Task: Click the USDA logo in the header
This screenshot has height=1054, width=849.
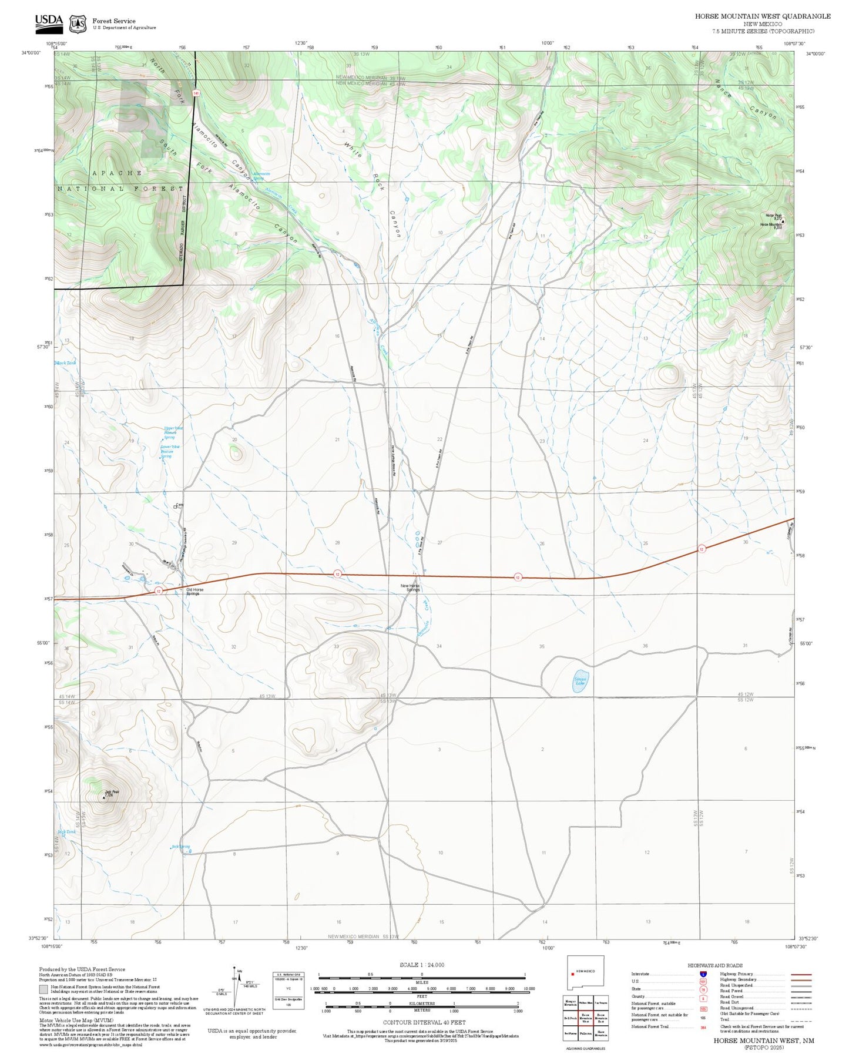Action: point(49,22)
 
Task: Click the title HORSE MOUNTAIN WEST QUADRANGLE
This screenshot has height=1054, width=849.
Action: point(762,16)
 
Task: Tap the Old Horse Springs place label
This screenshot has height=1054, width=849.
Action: point(194,592)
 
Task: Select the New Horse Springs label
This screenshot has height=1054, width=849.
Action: point(410,588)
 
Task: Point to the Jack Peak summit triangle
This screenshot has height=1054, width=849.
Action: point(104,798)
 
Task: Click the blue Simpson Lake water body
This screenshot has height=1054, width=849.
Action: point(580,682)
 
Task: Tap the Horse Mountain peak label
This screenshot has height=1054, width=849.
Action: point(771,225)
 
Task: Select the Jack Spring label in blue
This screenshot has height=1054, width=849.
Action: point(180,847)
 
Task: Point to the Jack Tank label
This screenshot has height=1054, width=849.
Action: point(67,832)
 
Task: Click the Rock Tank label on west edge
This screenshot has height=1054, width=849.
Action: point(66,363)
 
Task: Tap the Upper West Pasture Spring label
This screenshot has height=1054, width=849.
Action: point(173,432)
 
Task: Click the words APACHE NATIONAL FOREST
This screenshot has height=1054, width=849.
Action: point(120,181)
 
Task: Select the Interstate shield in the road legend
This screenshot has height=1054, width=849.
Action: point(703,974)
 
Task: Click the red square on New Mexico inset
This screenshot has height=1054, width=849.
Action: point(572,972)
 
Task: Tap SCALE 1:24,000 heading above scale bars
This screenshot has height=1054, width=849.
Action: point(422,965)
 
